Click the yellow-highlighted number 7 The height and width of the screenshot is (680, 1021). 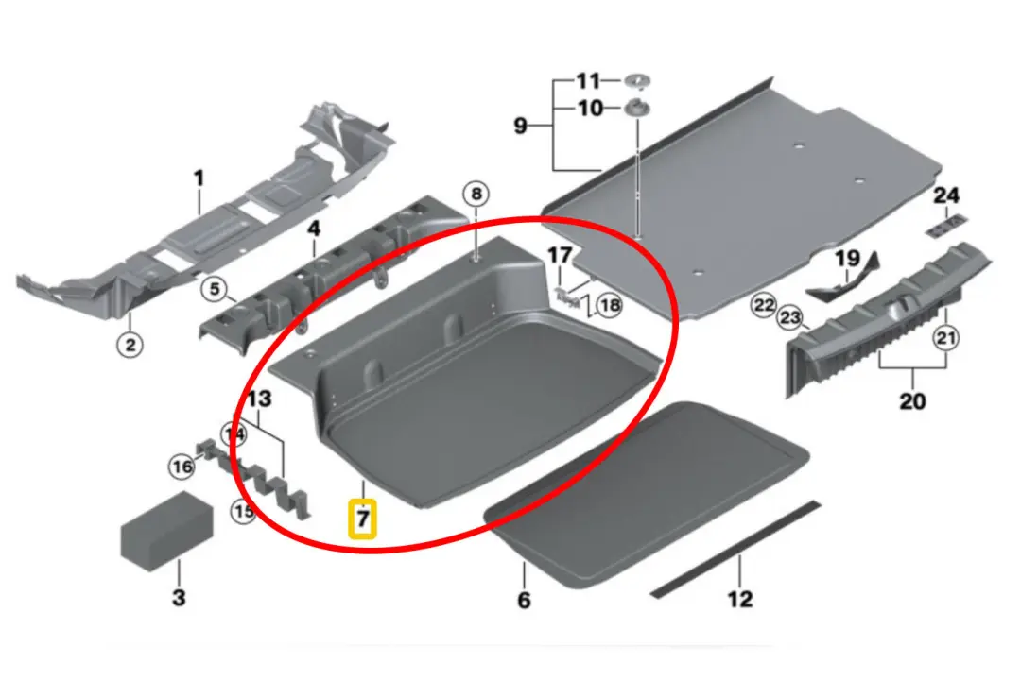point(363,518)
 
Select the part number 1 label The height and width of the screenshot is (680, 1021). point(199,177)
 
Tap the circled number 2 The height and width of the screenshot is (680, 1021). point(130,346)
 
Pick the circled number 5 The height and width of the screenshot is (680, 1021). point(216,289)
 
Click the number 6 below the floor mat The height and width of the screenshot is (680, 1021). point(524,600)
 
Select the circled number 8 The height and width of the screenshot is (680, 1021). point(476,195)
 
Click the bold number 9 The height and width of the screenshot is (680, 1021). point(520,125)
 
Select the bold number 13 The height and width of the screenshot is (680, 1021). point(260,399)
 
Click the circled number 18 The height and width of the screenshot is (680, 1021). point(610,305)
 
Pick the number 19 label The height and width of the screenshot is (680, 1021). point(846,258)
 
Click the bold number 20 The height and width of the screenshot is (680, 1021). point(911,400)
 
